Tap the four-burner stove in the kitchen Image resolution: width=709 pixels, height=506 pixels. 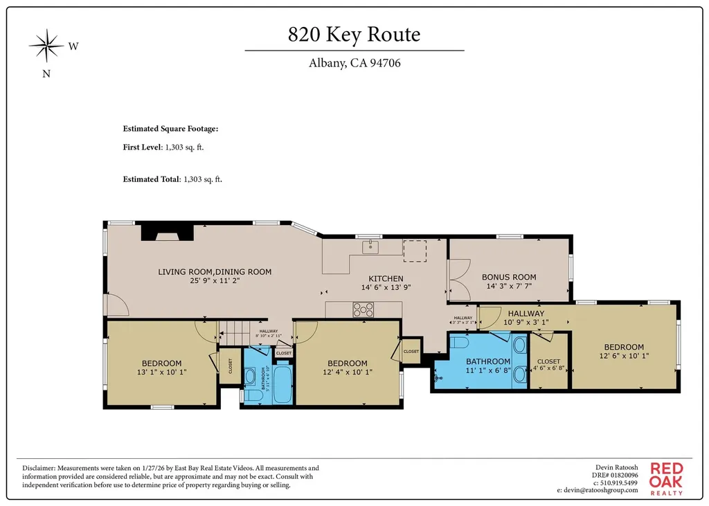[364, 309]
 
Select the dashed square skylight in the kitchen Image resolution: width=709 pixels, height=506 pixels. [415, 251]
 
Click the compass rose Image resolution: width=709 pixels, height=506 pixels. [46, 47]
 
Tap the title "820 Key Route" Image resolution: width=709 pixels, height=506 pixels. [354, 34]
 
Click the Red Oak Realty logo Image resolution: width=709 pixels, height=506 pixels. [665, 478]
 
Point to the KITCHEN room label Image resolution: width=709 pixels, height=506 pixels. [385, 278]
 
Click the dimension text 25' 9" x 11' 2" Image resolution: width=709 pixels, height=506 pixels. [215, 282]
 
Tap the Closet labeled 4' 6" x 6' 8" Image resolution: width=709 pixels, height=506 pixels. [548, 364]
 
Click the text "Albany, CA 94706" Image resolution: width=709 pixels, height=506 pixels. [354, 64]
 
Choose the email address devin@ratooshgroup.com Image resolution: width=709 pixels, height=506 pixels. [597, 490]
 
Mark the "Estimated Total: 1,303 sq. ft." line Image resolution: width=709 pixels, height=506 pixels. [172, 179]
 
